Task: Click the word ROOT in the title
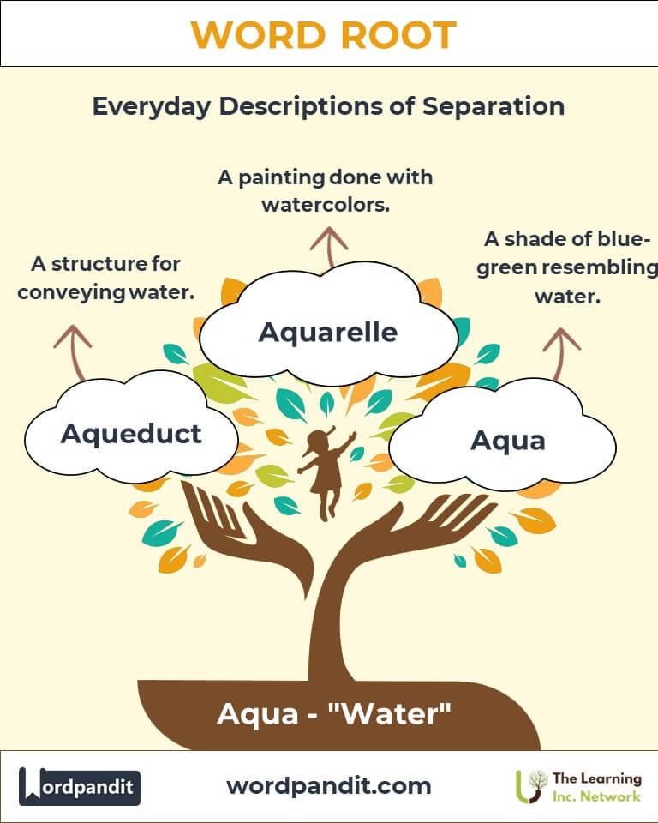398,35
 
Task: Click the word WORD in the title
258,35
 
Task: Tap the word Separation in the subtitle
493,106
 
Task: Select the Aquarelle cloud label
328,333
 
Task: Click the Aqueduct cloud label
131,435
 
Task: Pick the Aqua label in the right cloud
508,441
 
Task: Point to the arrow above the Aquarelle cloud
329,247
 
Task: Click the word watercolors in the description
326,205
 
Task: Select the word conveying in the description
71,293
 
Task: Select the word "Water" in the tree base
389,714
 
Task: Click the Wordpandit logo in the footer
79,787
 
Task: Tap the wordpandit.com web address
329,786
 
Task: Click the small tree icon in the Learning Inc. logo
530,787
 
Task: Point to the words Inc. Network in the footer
596,796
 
